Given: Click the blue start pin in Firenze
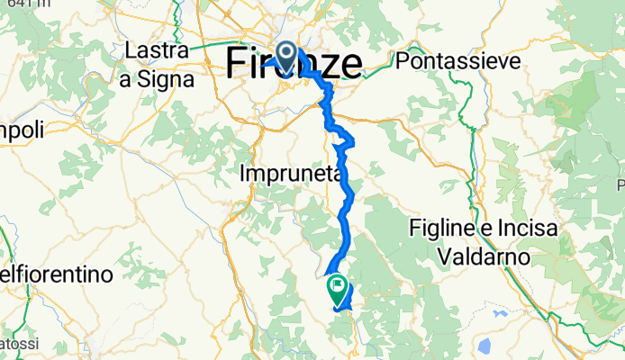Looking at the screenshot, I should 287,58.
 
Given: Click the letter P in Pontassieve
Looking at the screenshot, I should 403,61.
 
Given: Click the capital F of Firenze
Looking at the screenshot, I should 236,63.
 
